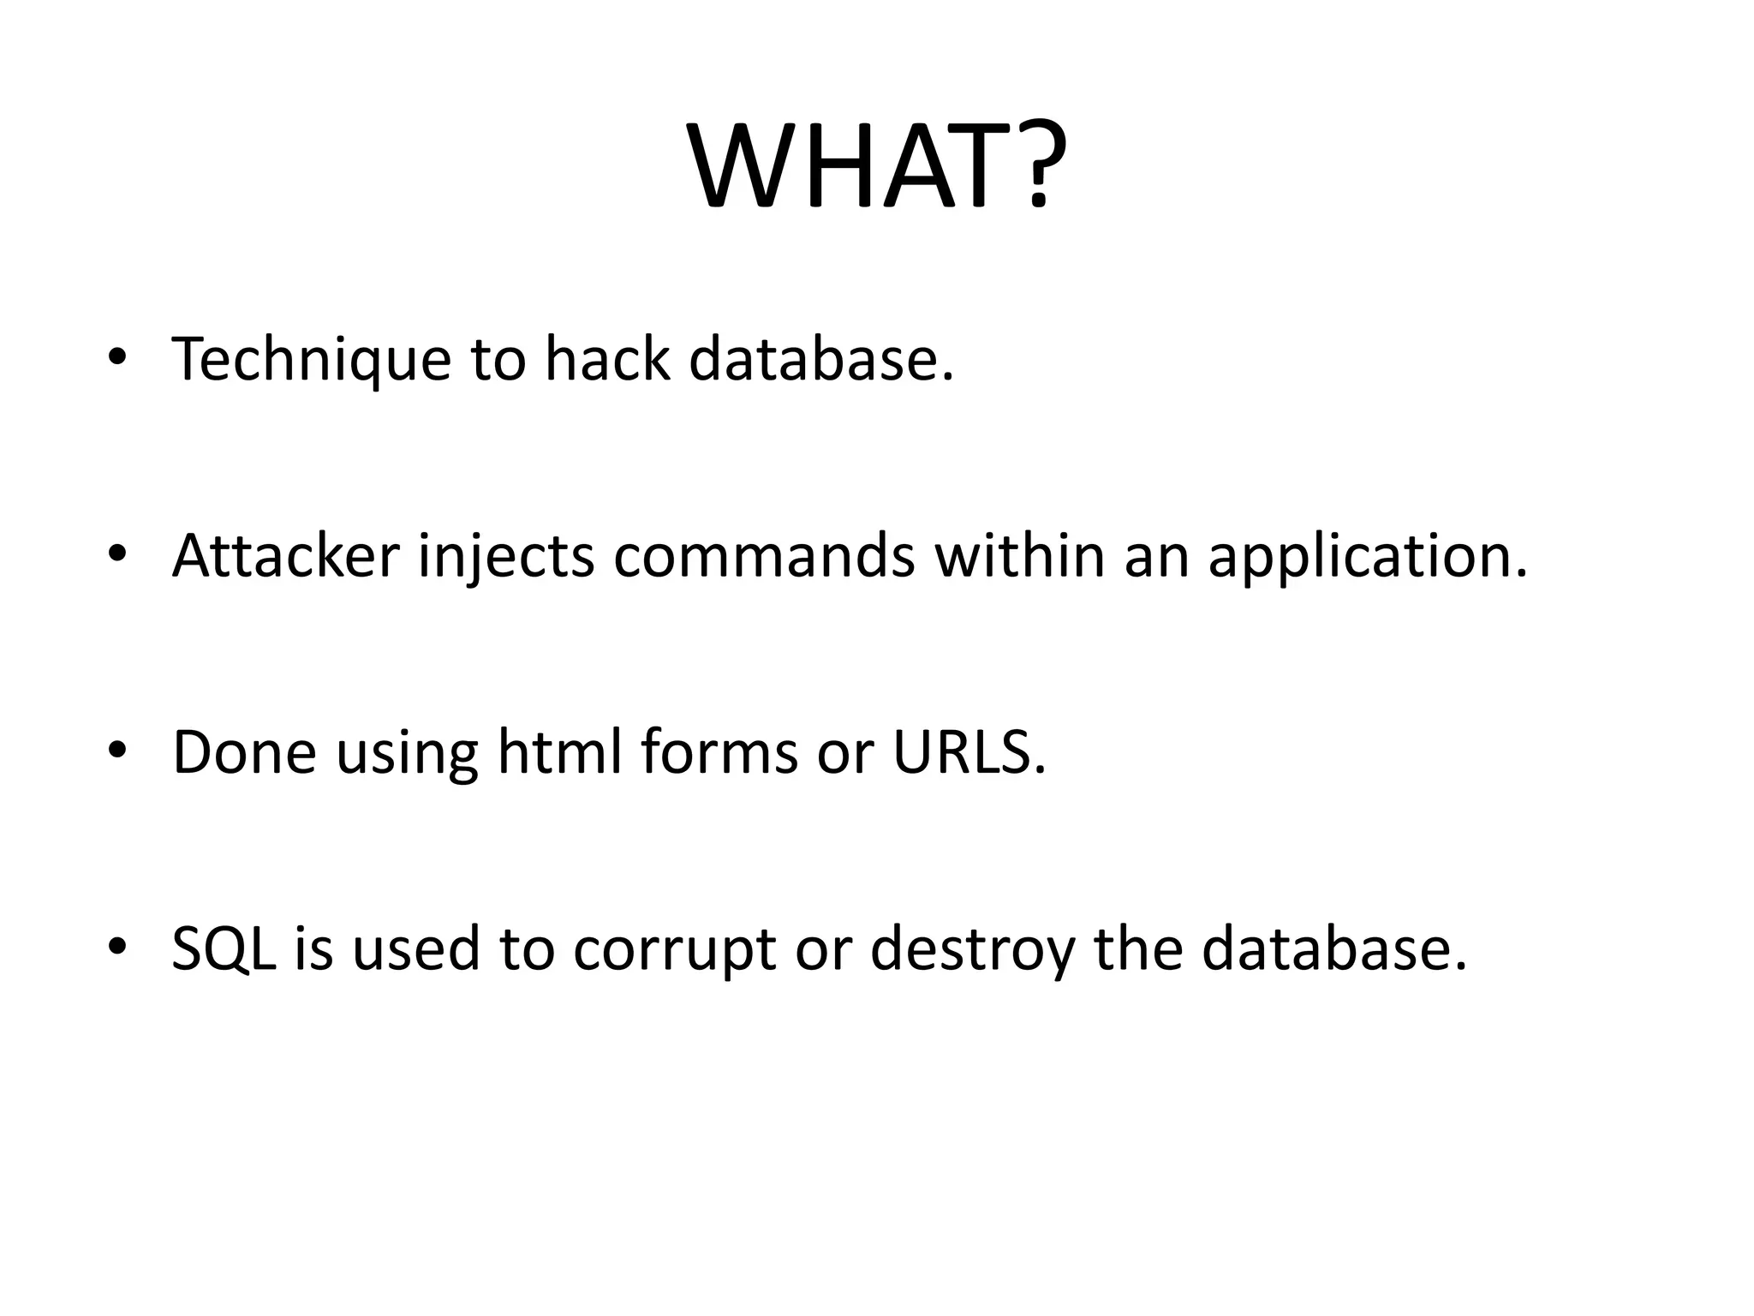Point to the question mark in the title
coord(1039,167)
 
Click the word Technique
coord(311,360)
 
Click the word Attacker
coord(285,555)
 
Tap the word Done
coord(244,752)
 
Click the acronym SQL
coord(224,949)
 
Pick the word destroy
coord(971,949)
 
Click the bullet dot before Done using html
coord(117,751)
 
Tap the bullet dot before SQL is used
coord(117,946)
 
